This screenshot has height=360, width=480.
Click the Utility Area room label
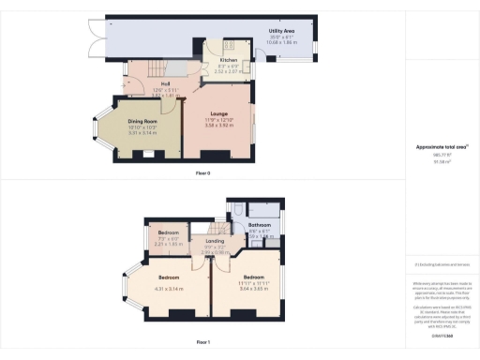coord(282,31)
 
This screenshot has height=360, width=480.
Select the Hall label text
coord(152,84)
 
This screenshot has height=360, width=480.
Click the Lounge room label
coord(218,113)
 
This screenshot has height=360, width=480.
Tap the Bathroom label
coord(260,226)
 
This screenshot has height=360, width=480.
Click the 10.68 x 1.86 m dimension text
coord(282,43)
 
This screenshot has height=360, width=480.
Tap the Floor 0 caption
coord(203,174)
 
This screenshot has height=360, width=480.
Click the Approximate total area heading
coord(440,147)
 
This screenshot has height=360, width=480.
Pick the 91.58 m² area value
coord(440,162)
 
